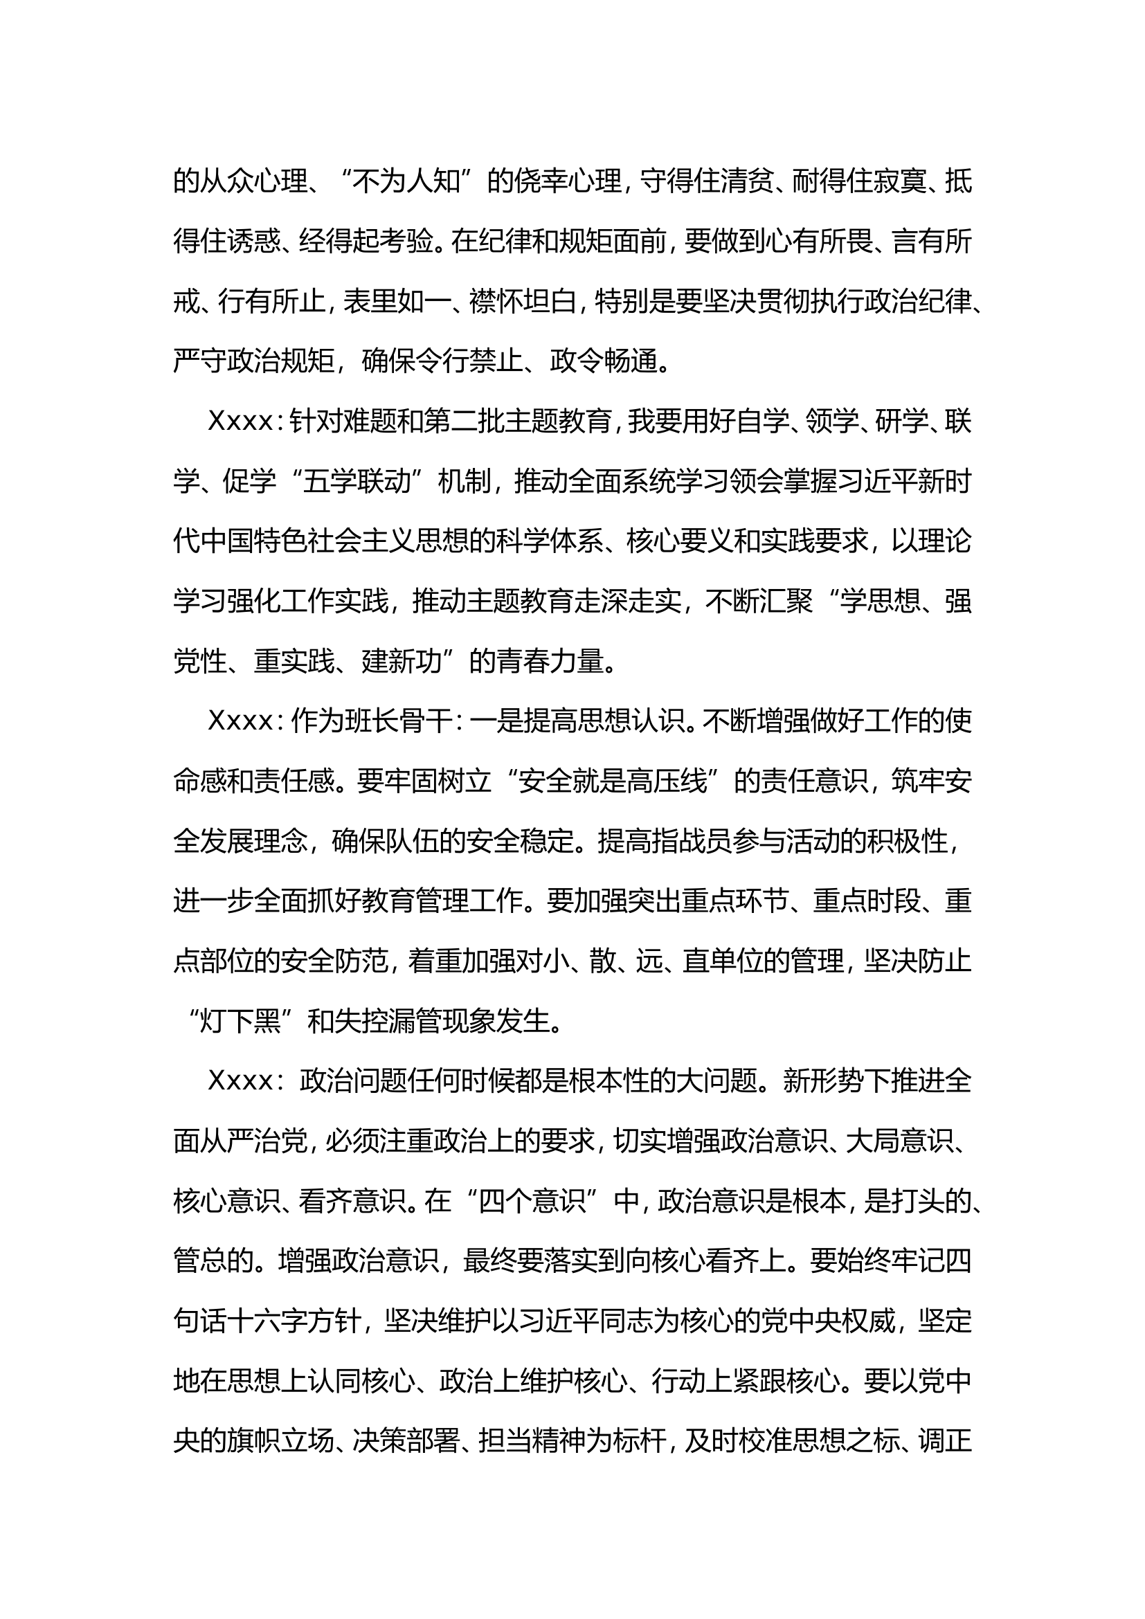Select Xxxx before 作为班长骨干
(x=240, y=722)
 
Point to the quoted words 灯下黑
(x=240, y=1022)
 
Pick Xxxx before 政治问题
(x=240, y=1082)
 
